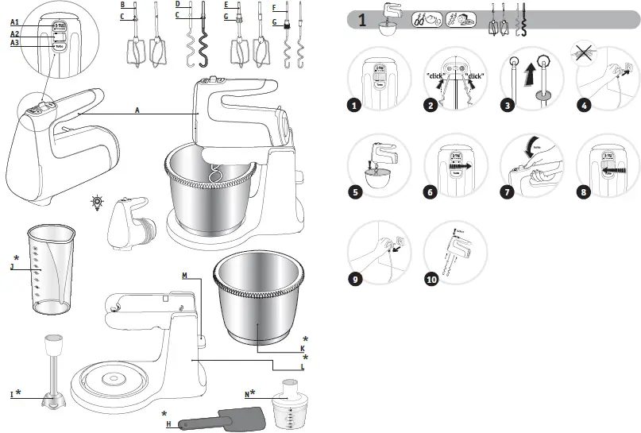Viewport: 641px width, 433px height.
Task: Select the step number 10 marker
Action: click(431, 279)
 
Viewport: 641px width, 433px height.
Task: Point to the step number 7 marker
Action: click(508, 191)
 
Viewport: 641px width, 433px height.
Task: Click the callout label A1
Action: click(14, 22)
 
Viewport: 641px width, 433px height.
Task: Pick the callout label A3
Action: click(14, 43)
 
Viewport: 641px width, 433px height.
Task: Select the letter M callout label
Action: click(184, 276)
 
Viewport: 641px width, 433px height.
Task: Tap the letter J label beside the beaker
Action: click(12, 267)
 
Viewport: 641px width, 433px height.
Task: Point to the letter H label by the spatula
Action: click(168, 424)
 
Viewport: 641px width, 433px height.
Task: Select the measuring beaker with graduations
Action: click(51, 269)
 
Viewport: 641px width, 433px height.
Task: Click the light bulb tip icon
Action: click(96, 203)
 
